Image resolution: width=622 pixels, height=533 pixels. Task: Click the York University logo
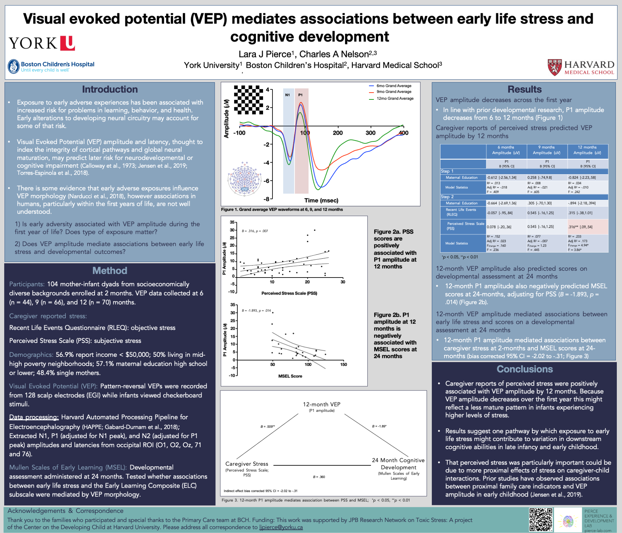tap(42, 43)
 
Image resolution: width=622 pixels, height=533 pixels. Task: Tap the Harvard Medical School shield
tap(554, 67)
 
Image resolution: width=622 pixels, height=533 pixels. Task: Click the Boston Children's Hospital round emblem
tap(14, 66)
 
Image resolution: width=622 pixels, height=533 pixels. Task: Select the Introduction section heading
tap(110, 89)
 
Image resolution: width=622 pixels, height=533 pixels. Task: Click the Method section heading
tap(110, 271)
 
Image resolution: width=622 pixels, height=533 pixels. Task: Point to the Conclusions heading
tap(524, 369)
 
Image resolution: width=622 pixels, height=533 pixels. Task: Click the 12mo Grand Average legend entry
tap(395, 98)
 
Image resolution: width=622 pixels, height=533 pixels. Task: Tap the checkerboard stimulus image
tap(249, 100)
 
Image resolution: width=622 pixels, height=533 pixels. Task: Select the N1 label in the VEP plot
tap(287, 95)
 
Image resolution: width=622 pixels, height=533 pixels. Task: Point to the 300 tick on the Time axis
tap(371, 133)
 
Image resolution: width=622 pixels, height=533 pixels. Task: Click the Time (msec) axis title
tap(321, 200)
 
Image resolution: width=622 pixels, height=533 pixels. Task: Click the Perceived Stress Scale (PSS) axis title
tap(289, 293)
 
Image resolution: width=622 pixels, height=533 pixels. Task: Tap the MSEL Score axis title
tap(290, 376)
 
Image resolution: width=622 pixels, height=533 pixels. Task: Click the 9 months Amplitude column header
tap(547, 150)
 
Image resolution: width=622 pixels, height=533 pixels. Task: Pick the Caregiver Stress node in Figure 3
tap(247, 464)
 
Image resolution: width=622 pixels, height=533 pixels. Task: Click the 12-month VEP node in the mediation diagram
tap(321, 404)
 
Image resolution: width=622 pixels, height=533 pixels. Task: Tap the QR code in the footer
tap(541, 520)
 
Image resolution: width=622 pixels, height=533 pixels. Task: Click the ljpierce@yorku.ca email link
tap(281, 527)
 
